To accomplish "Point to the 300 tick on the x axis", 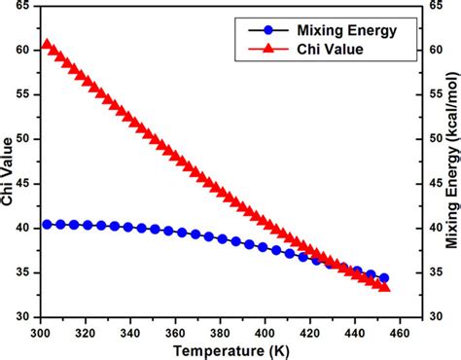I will tap(41, 330).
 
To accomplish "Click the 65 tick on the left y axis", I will tap(26, 6).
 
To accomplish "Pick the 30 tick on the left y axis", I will tap(26, 317).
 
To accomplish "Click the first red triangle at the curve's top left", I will tap(47, 45).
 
